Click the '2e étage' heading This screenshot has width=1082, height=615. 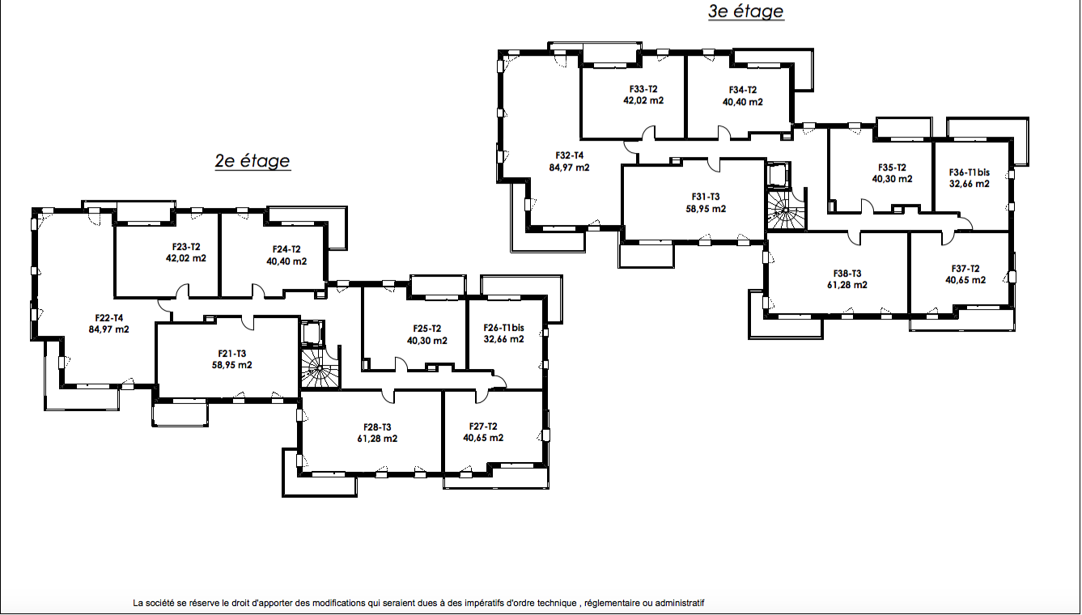pyautogui.click(x=252, y=161)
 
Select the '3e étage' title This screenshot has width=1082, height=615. pyautogui.click(x=746, y=11)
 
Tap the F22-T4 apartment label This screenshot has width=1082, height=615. pyautogui.click(x=109, y=318)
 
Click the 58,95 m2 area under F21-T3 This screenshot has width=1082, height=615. pyautogui.click(x=231, y=365)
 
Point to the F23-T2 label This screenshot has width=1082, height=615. pyautogui.click(x=186, y=247)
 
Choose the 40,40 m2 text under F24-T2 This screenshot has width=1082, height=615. pyautogui.click(x=286, y=261)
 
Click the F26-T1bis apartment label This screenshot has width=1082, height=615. pyautogui.click(x=504, y=328)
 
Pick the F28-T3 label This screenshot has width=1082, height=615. pyautogui.click(x=377, y=427)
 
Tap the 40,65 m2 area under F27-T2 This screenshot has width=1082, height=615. pyautogui.click(x=483, y=438)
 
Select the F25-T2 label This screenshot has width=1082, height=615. pyautogui.click(x=427, y=329)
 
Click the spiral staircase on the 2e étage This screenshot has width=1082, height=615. pyautogui.click(x=320, y=369)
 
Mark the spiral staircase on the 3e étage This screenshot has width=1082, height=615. pyautogui.click(x=786, y=210)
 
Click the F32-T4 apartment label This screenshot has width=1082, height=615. pyautogui.click(x=570, y=155)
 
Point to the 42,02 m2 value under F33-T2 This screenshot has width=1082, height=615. pyautogui.click(x=643, y=100)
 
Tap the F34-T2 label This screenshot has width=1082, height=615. pyautogui.click(x=743, y=90)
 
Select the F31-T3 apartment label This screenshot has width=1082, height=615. pyautogui.click(x=706, y=197)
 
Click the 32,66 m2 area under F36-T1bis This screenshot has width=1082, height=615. pyautogui.click(x=970, y=184)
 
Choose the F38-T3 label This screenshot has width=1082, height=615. pyautogui.click(x=847, y=273)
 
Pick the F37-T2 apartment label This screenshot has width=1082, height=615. pyautogui.click(x=965, y=269)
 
